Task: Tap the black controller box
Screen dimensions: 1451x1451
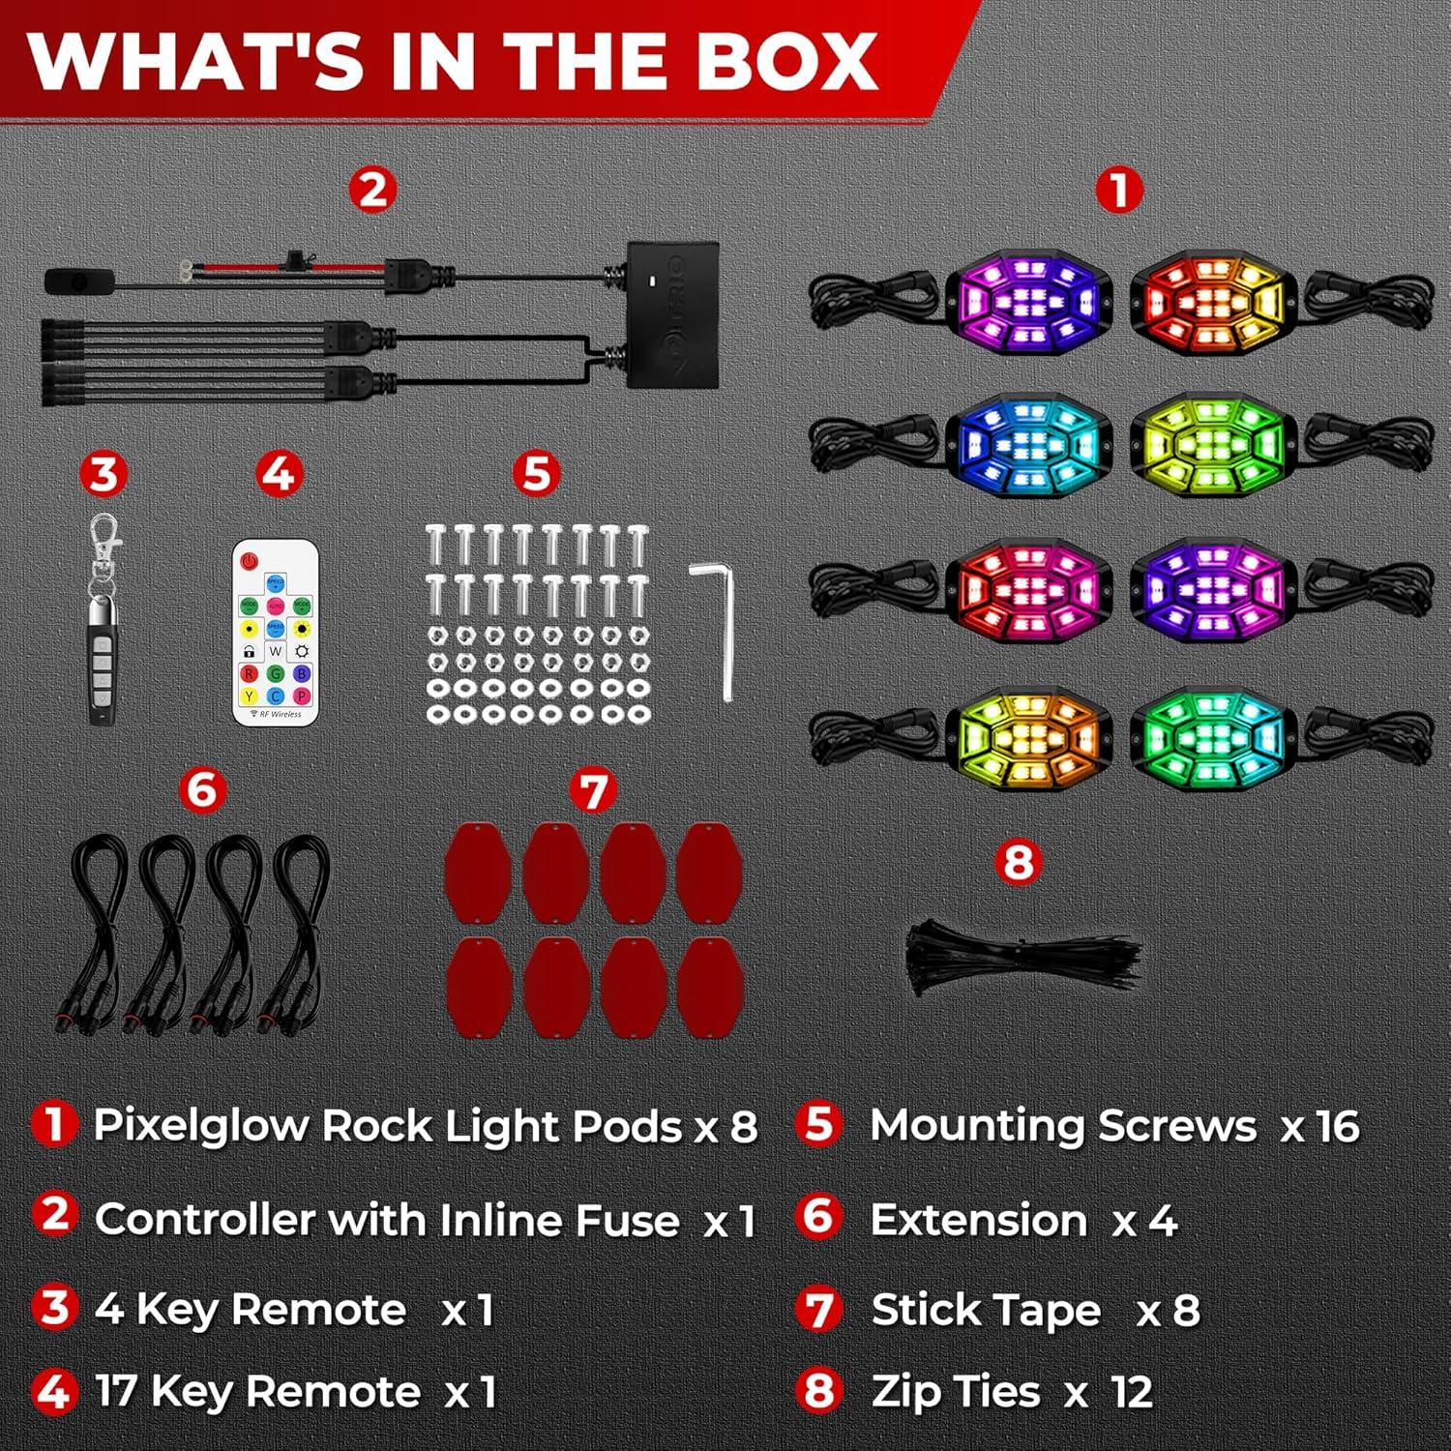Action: [x=672, y=315]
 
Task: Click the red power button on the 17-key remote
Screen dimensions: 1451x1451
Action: [x=250, y=560]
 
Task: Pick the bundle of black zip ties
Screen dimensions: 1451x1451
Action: [x=1021, y=958]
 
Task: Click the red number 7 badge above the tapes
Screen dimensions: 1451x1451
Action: [x=592, y=791]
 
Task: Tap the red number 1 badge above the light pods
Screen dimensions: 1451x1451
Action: [x=1118, y=191]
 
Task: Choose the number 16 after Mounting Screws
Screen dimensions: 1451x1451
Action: [x=1337, y=1126]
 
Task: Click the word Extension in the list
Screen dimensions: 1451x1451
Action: [x=979, y=1220]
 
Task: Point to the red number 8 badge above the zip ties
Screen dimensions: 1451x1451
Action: [x=1018, y=861]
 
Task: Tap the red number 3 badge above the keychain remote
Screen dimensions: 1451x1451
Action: [x=103, y=474]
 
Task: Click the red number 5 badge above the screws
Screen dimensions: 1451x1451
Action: [x=536, y=474]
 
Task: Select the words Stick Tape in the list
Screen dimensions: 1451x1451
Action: [x=986, y=1311]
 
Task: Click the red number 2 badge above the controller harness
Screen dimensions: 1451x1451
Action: [x=372, y=191]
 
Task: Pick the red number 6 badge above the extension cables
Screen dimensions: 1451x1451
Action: [x=202, y=790]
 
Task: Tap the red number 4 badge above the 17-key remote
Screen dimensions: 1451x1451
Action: [x=279, y=474]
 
